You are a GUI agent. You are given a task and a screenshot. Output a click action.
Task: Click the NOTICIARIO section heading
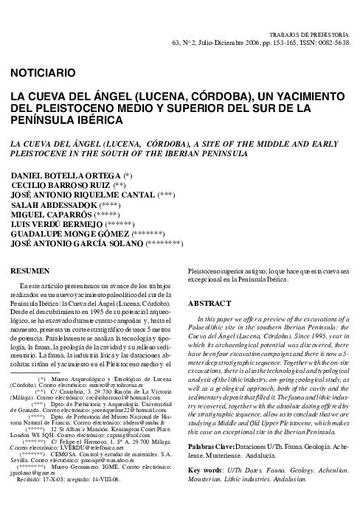43,72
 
